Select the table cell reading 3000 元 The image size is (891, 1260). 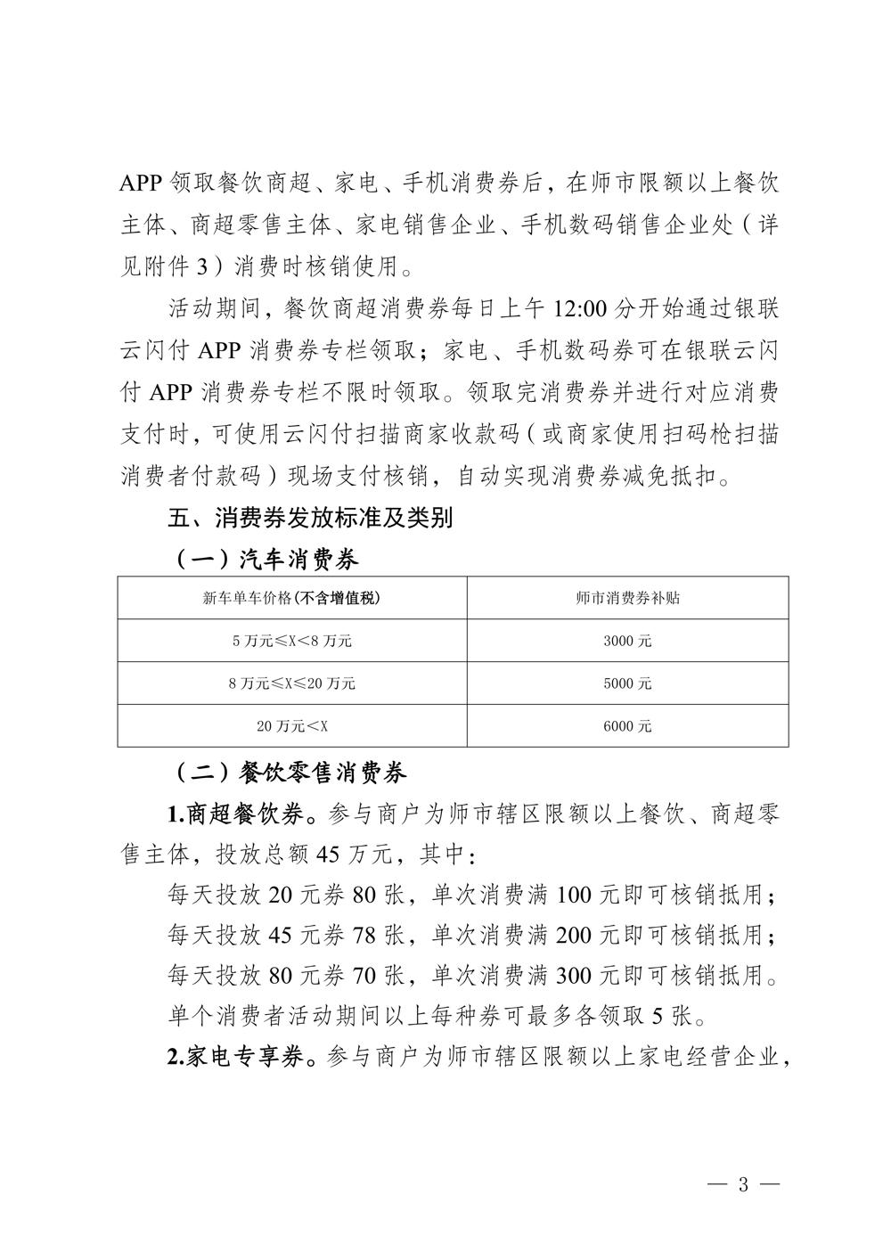coord(627,641)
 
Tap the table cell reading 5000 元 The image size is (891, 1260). coord(627,683)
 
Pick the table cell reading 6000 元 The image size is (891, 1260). coord(627,726)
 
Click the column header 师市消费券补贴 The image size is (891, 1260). coord(627,598)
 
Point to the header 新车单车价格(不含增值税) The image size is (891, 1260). coord(291,598)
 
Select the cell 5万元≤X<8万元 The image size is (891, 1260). coord(291,641)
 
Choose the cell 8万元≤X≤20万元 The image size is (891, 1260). coord(291,683)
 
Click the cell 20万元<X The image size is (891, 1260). coord(291,726)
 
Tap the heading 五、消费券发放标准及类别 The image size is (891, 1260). coord(311,517)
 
